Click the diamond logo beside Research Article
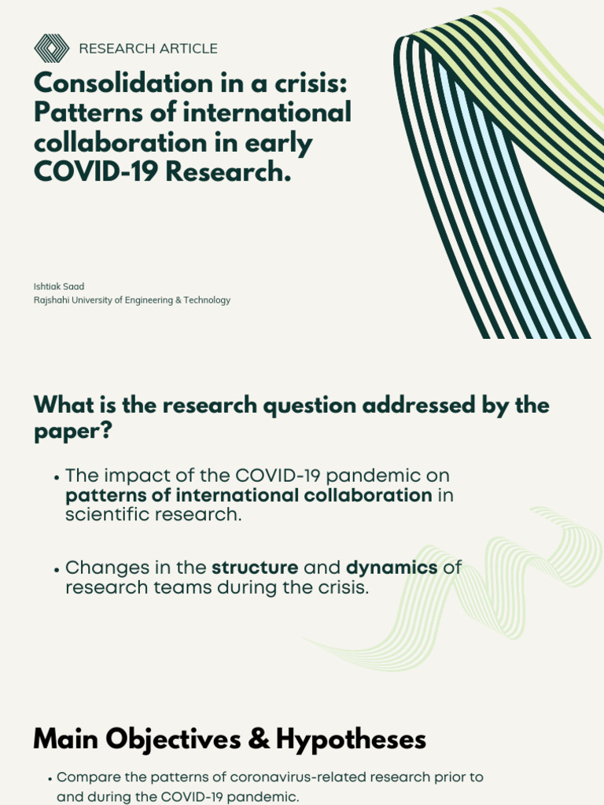pos(52,49)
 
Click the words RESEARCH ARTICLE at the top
pos(148,49)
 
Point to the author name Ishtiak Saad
pos(58,286)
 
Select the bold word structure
pos(255,568)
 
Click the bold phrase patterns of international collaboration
pos(249,495)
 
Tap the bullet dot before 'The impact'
pos(57,478)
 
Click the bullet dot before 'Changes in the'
pos(57,569)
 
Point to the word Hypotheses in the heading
pos(351,740)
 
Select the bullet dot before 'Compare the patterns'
pos(50,778)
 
